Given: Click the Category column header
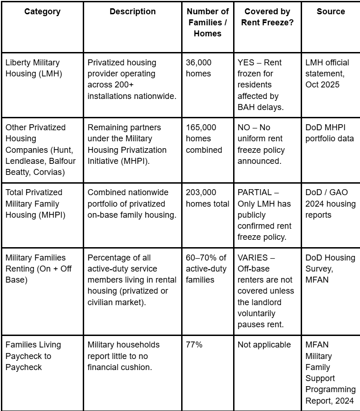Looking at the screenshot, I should click(x=42, y=12).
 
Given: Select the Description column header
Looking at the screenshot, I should click(x=132, y=12).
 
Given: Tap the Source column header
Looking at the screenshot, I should click(x=331, y=12).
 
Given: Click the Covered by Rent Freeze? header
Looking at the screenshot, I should click(x=267, y=17).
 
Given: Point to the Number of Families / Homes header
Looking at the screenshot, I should click(x=207, y=23).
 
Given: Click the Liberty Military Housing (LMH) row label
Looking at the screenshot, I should click(x=33, y=68).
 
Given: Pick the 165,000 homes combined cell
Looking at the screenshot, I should click(x=204, y=139).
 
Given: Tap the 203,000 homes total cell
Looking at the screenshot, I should click(x=207, y=198).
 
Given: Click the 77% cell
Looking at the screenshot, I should click(x=194, y=345).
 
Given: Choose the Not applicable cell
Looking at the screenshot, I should click(x=264, y=345).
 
